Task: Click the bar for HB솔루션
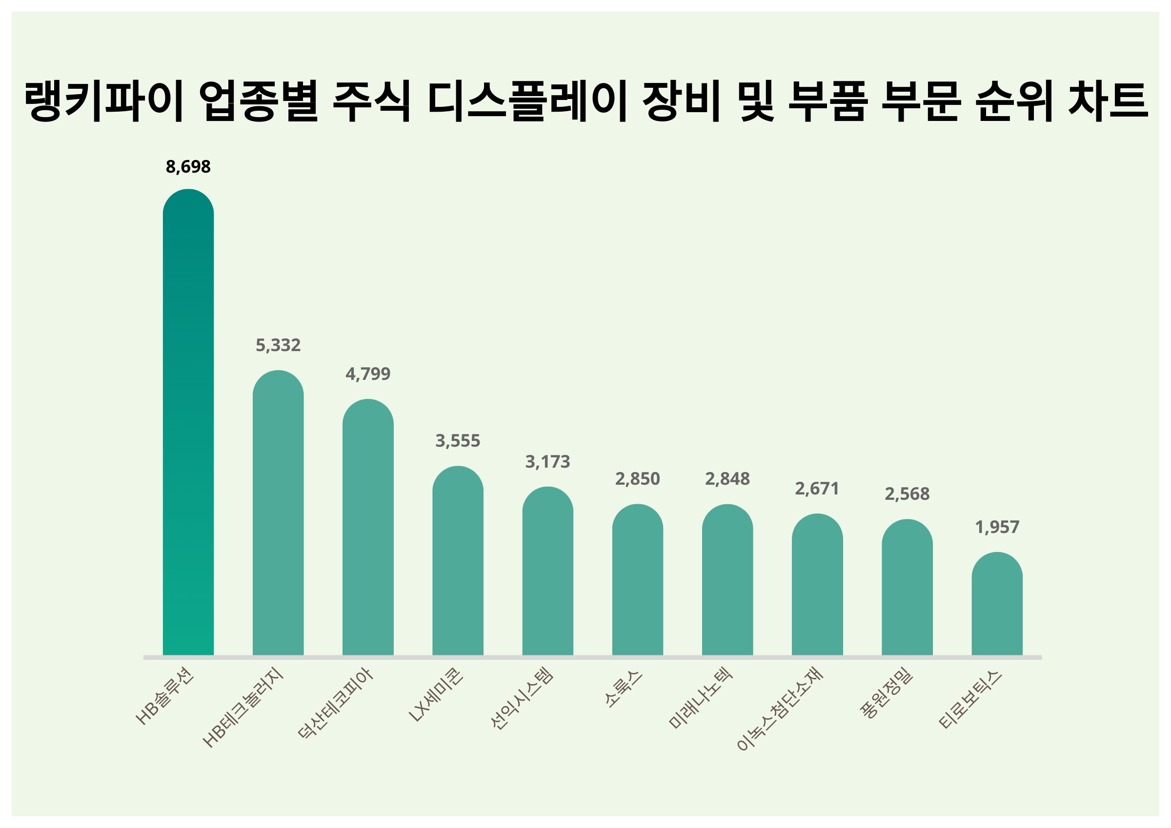click(x=188, y=423)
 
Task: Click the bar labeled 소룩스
click(x=638, y=581)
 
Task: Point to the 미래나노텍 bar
click(x=727, y=581)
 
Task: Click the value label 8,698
click(x=188, y=167)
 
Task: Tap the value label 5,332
click(x=278, y=346)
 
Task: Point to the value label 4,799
click(x=368, y=374)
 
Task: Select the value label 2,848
click(x=727, y=479)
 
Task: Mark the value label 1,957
click(x=997, y=527)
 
